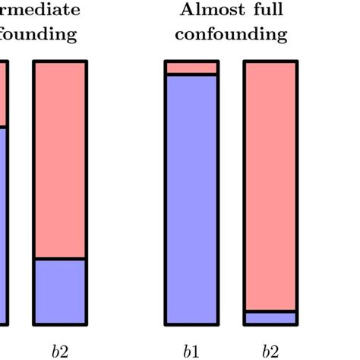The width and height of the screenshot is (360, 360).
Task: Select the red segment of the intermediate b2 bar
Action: [x=60, y=159]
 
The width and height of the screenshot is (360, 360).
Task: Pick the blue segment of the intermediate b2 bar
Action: [x=60, y=292]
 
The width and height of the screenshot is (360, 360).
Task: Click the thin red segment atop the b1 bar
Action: [x=191, y=68]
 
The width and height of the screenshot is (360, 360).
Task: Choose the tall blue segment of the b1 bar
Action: [x=191, y=197]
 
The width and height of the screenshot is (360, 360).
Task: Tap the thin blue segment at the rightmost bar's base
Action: [x=270, y=319]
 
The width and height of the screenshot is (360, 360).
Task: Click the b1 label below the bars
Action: [x=191, y=351]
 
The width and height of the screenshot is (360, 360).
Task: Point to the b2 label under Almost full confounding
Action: [x=270, y=351]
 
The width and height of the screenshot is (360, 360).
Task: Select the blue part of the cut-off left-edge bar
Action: [x=3, y=228]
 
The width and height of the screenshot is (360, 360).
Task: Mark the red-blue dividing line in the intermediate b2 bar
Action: [x=60, y=259]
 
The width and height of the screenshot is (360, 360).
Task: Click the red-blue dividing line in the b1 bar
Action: [x=191, y=74]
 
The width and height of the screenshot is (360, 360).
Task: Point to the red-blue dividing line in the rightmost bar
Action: [x=270, y=311]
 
